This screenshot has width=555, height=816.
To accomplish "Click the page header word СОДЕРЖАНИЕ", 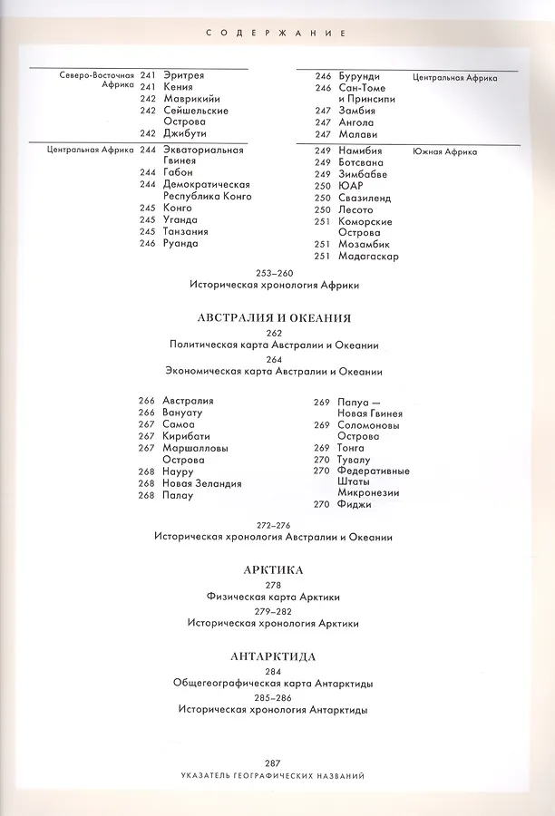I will coord(277,33).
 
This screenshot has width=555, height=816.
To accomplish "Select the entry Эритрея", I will coord(183,74).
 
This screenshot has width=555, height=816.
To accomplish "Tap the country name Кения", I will coord(178,86).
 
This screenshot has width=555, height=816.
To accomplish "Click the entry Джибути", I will coord(185,132).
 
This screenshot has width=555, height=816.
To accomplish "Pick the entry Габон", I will coord(178,172).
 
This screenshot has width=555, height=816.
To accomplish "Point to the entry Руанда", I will coord(180,243).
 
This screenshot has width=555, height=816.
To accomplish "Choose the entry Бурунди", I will coord(359,76).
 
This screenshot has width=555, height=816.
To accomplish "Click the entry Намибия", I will coord(361,151).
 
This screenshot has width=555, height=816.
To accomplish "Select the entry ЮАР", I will coord(351,186).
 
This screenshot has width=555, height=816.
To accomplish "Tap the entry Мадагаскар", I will coord(369,256).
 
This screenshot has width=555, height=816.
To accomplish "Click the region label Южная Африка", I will coord(444,151).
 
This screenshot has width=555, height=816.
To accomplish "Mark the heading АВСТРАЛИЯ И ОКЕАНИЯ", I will coord(274,318).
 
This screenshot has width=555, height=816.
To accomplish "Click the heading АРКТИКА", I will coord(273,570).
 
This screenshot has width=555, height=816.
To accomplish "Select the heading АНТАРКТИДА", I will coord(273,656).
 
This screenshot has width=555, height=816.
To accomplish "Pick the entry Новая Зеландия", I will coord(202,483).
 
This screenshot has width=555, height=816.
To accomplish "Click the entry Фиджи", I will coord(354,504).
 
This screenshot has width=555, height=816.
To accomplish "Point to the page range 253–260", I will coord(275,273).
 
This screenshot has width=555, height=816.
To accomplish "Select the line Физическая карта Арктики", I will coord(273,597).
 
